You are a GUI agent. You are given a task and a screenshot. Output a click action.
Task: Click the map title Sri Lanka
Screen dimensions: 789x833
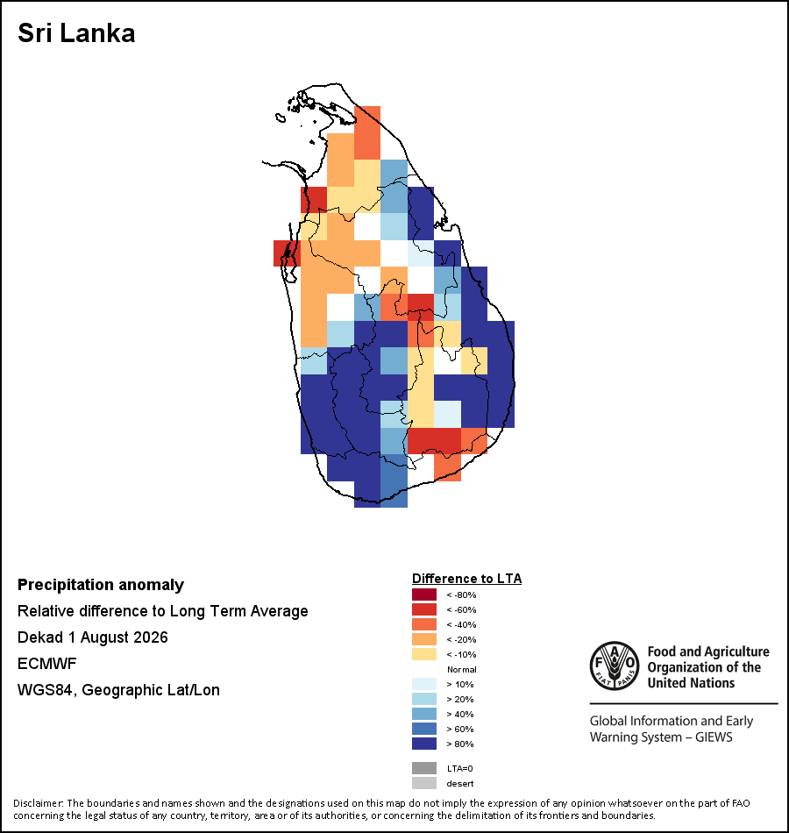tap(76, 33)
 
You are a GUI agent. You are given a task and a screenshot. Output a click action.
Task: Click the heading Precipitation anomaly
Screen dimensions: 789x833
tap(101, 585)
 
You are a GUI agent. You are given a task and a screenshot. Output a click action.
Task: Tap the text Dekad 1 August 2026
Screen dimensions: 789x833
tap(92, 637)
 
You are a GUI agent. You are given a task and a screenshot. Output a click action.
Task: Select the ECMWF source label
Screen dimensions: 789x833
tap(46, 664)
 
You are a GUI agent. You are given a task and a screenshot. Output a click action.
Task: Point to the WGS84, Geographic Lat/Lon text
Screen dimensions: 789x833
tap(118, 690)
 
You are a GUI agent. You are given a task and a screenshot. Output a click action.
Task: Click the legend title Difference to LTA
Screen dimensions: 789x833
tap(466, 579)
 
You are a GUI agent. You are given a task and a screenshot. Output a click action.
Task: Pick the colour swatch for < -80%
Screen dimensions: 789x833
tap(424, 594)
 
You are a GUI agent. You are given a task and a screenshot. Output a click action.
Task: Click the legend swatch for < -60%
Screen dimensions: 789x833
tap(424, 609)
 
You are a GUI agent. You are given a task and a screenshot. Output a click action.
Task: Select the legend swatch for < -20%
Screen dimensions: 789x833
tap(424, 639)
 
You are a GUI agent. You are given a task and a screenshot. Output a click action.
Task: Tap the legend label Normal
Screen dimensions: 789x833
tap(461, 669)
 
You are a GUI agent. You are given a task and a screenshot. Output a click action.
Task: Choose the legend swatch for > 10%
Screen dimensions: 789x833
tap(424, 684)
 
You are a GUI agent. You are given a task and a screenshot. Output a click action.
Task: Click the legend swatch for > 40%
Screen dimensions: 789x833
tap(424, 714)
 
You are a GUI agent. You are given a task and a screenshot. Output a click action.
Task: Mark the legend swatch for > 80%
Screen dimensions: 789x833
tap(424, 744)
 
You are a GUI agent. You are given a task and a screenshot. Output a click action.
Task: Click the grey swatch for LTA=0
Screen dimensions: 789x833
tap(424, 768)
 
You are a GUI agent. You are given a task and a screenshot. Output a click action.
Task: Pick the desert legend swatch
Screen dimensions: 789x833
tap(424, 783)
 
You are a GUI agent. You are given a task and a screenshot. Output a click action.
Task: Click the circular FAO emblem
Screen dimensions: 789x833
tap(615, 666)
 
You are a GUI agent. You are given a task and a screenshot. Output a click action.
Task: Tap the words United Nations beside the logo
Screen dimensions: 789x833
tap(691, 683)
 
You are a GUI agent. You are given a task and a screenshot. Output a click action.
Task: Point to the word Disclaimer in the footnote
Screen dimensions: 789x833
tap(39, 803)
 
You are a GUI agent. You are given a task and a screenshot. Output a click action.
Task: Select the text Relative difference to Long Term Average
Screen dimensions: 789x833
tap(162, 611)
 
